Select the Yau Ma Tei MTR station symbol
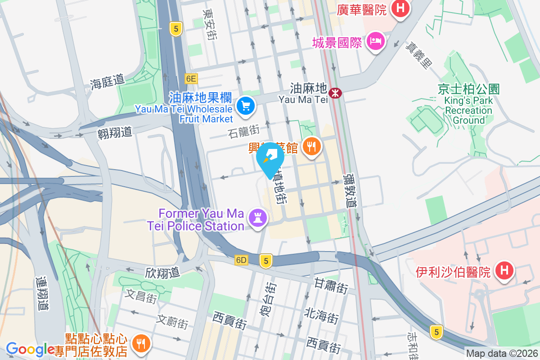click(x=335, y=93)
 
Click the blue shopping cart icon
click(x=246, y=106)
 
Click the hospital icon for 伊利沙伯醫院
click(x=504, y=271)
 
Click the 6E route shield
click(x=191, y=79)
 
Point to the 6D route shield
click(x=242, y=260)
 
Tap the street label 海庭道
click(x=107, y=82)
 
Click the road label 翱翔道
click(x=115, y=132)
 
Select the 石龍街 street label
click(x=243, y=131)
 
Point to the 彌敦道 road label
click(x=350, y=191)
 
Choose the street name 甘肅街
click(x=331, y=286)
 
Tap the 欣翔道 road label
click(x=162, y=272)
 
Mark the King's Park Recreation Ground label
click(x=468, y=104)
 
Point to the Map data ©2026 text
click(x=501, y=353)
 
